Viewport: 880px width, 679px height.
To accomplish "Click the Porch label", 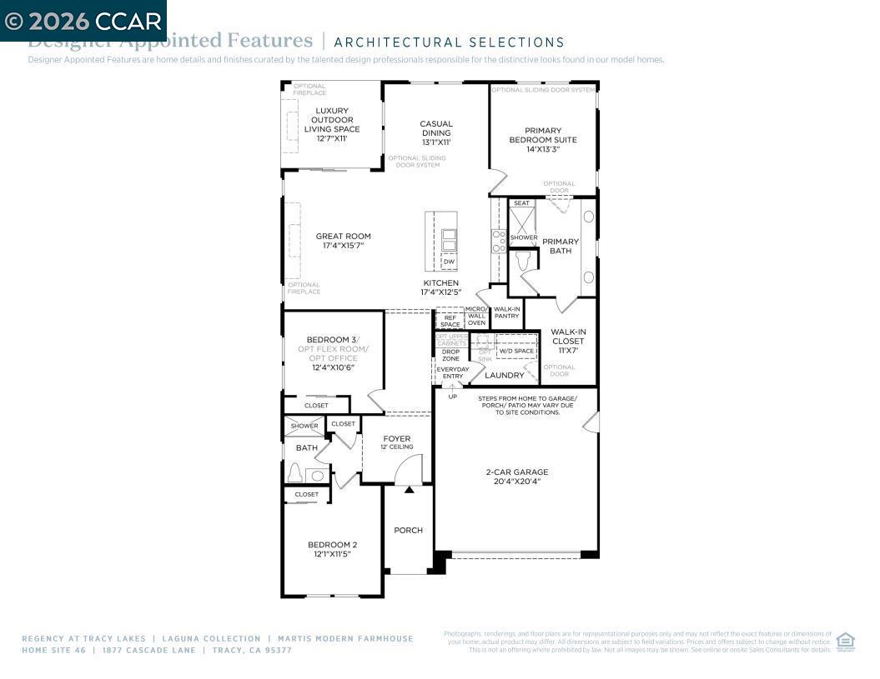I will coord(408,530).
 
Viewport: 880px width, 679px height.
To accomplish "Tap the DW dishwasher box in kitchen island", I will coord(449,262).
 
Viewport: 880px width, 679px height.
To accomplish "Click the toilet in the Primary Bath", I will coord(523,262).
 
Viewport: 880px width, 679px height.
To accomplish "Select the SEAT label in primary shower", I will coord(521,203).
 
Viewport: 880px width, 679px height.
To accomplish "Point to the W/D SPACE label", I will coord(516,351).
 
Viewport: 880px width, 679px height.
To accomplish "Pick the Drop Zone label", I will coord(450,355).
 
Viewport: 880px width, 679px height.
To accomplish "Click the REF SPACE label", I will coord(450,321).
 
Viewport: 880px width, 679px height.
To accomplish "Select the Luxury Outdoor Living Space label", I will coord(331,124).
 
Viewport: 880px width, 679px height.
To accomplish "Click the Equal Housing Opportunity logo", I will coord(845,641).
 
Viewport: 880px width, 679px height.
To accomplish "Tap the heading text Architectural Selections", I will coord(449,42).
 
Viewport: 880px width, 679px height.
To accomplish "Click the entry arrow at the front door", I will coord(409,490).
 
